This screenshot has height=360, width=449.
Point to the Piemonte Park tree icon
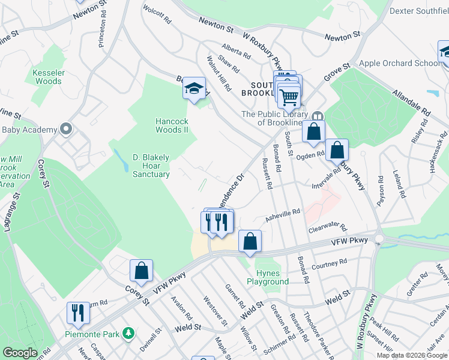coord(127,333)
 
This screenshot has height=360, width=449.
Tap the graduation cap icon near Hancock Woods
coord(194,89)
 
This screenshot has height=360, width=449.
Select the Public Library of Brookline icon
coord(318,115)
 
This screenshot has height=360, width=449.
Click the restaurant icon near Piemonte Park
coord(78,313)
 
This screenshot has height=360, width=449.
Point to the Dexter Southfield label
coord(419,11)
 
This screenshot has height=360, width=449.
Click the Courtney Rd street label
coord(330,263)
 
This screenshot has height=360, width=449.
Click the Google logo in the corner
coord(19,353)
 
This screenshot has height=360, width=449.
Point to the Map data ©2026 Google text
coord(412,355)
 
